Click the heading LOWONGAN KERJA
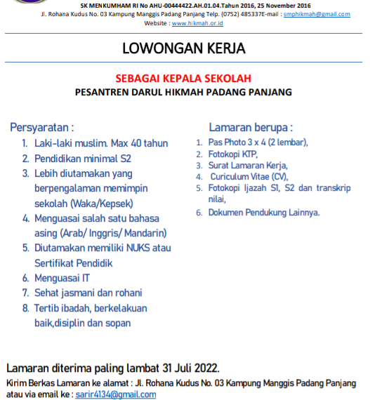pyautogui.click(x=184, y=48)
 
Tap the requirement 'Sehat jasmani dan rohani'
pyautogui.click(x=88, y=293)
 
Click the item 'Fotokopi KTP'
pyautogui.click(x=232, y=153)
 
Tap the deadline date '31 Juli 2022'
pyautogui.click(x=187, y=368)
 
